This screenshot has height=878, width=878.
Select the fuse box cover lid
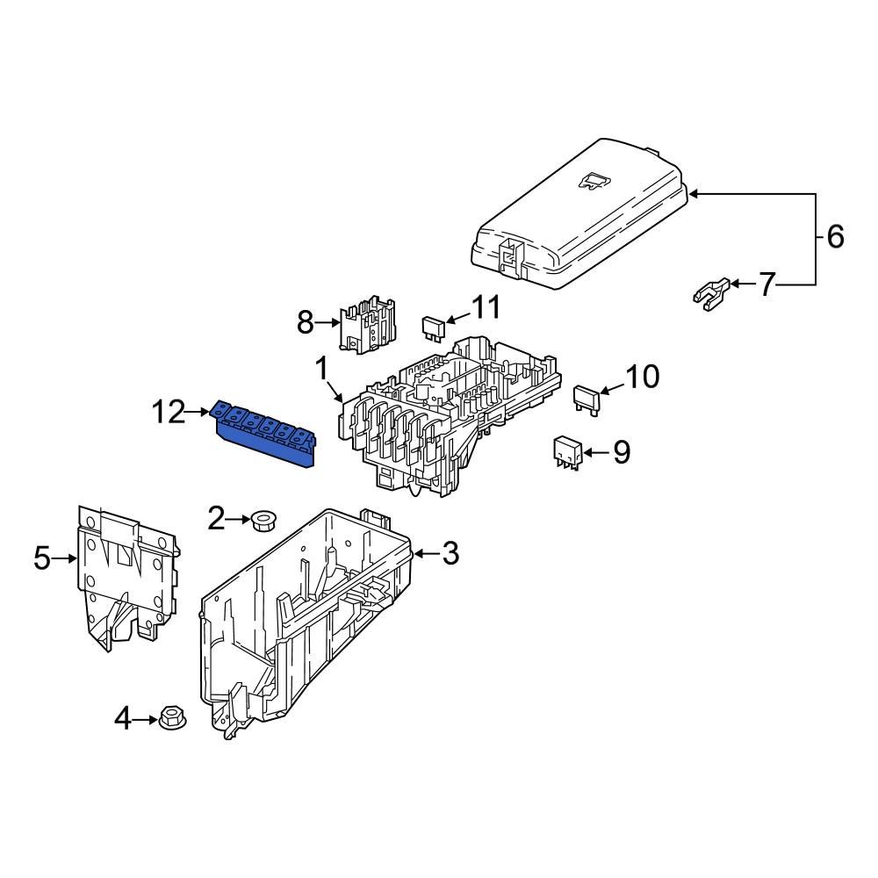579,215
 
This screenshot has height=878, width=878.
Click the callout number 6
834,236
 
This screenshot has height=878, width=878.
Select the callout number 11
486,308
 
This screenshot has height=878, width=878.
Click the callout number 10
642,378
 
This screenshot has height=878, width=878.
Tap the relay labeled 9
566,452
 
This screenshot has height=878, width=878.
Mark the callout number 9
621,453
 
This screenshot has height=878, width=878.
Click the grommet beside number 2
262,521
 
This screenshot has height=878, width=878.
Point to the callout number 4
123,720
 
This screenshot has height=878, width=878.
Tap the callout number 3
450,553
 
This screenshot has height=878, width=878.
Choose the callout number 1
321,366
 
